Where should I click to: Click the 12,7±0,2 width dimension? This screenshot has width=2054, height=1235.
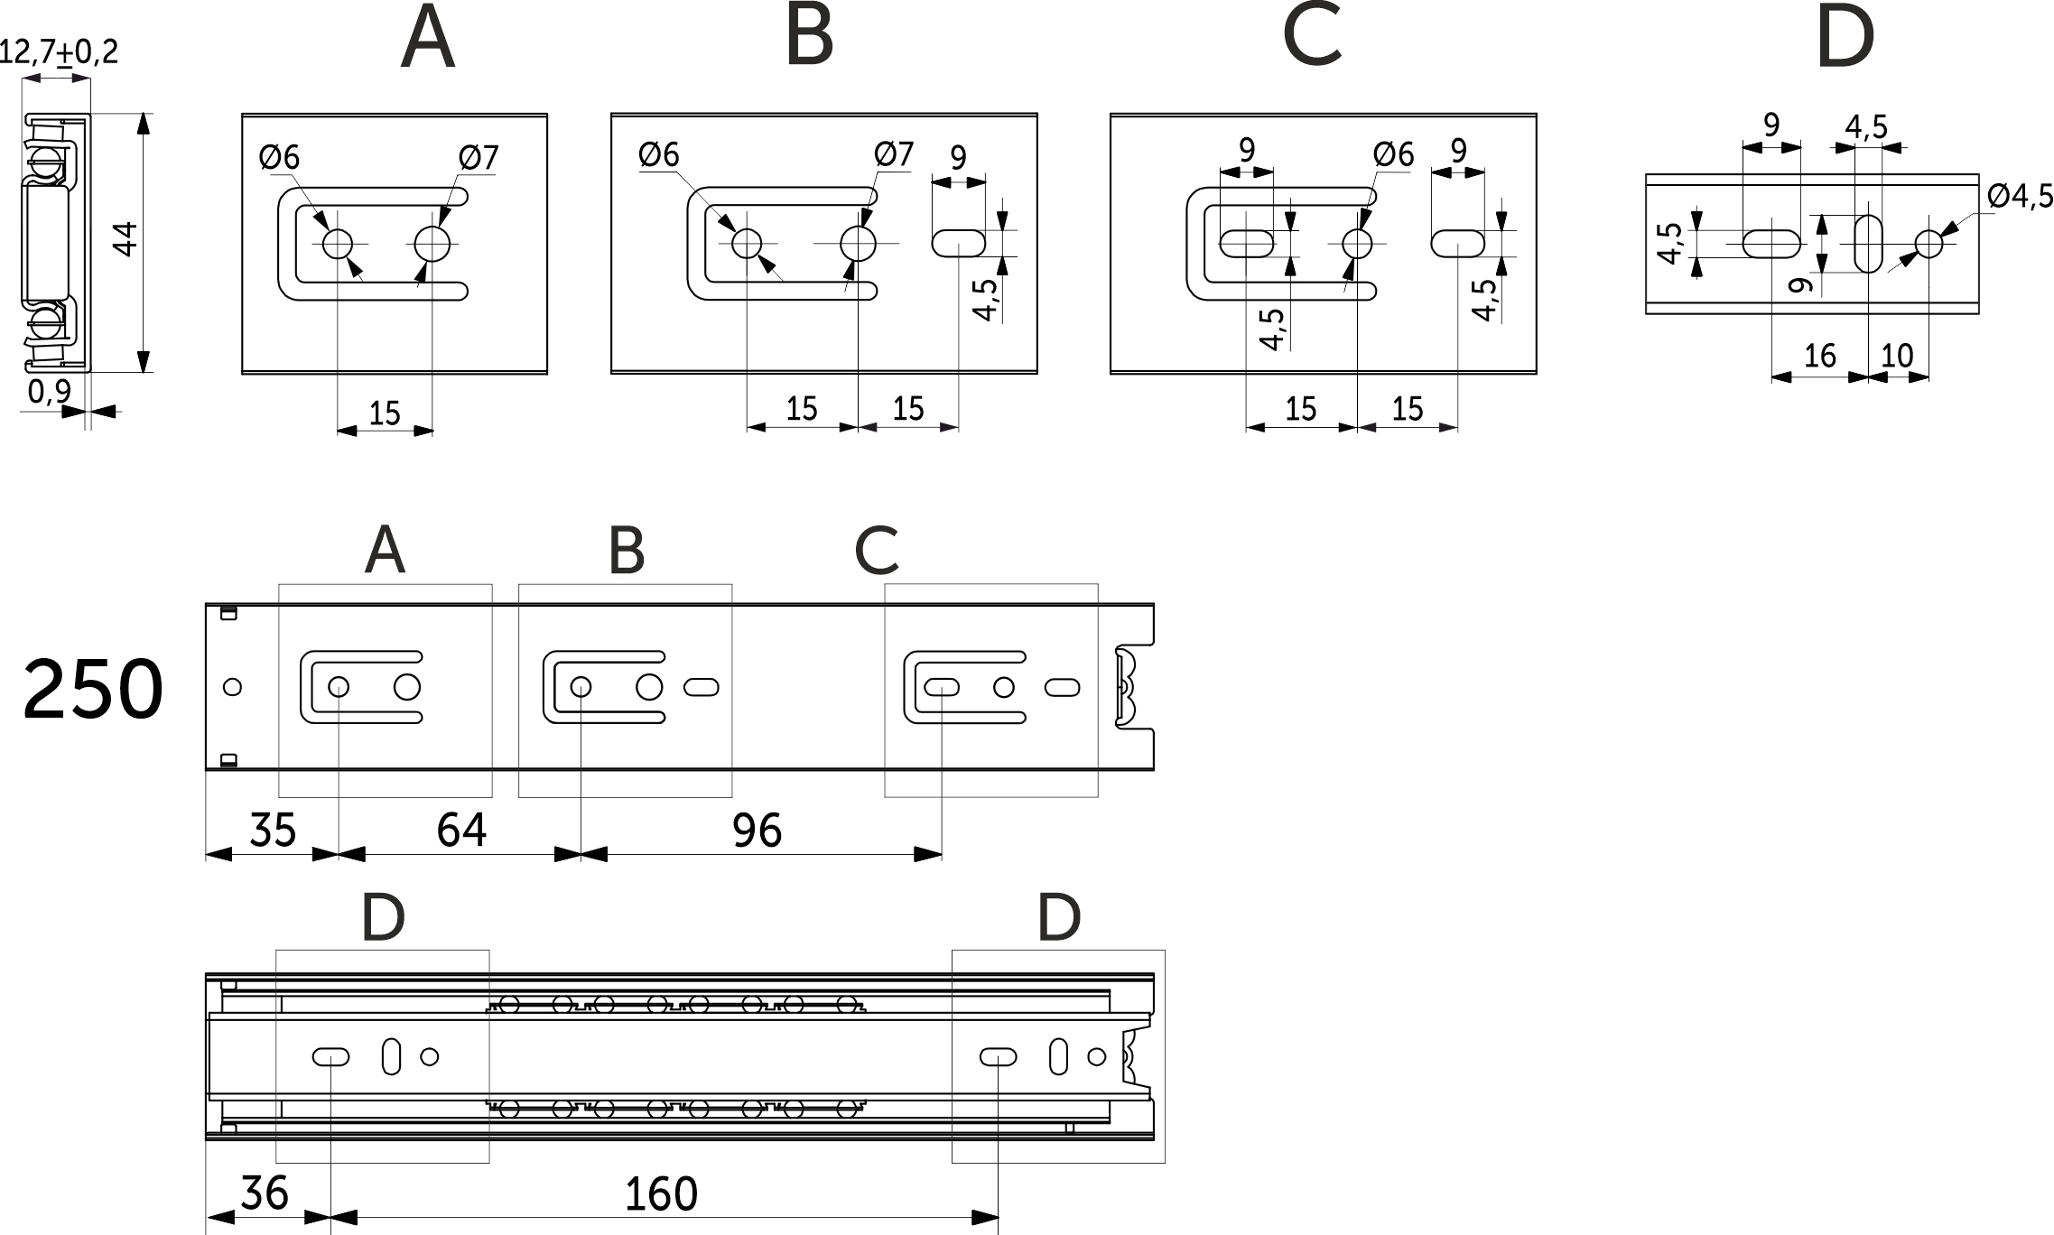[x=58, y=51]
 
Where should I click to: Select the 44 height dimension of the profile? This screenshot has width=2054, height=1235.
[x=127, y=240]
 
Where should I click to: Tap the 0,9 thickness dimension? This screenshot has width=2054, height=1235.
[x=49, y=392]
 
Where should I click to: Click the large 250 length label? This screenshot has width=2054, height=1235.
[x=93, y=691]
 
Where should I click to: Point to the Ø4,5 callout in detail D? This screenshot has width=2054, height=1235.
[x=2020, y=196]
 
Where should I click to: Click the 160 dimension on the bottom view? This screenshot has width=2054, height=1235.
[x=662, y=1195]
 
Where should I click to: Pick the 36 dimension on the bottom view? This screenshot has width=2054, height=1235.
[x=265, y=1193]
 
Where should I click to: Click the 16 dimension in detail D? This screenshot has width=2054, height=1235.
[x=1819, y=356]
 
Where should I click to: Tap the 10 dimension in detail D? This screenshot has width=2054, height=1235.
[x=1897, y=356]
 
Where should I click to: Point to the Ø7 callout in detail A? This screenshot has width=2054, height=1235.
[x=478, y=158]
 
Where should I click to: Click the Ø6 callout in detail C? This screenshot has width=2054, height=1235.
[x=1393, y=155]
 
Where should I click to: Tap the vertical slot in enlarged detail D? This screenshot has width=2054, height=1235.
[x=1869, y=243]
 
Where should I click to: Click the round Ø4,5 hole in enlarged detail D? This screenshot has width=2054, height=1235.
[x=1929, y=244]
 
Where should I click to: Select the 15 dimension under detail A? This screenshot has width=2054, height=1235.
[x=385, y=413]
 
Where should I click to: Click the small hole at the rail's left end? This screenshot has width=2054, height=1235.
[x=232, y=687]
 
